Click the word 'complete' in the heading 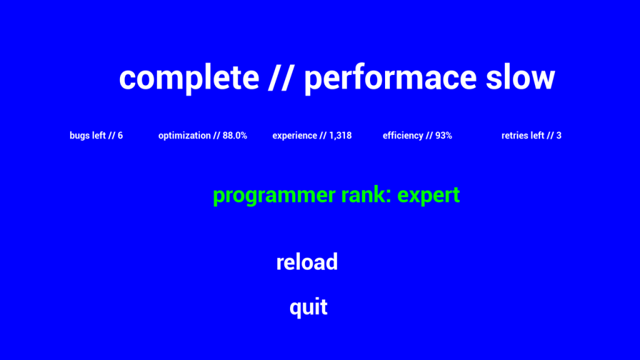189,77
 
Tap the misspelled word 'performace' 391,77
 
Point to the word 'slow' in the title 521,77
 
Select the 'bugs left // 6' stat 96,136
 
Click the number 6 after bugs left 121,136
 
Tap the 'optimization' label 184,136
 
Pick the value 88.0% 235,136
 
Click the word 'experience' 295,136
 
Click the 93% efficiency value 444,136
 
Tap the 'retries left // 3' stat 531,136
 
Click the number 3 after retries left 559,136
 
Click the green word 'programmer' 274,196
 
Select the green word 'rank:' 366,194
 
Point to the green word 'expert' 429,196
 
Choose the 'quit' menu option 308,307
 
